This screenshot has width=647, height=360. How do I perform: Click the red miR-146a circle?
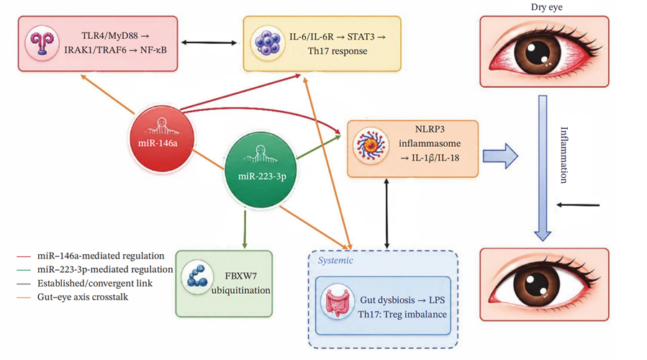[x=162, y=138]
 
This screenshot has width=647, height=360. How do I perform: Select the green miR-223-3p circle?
[x=261, y=170]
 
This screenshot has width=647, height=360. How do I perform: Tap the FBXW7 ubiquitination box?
[x=224, y=284]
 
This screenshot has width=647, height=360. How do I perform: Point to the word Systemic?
[x=335, y=260]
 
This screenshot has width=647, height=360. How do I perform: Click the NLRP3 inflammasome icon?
[x=371, y=145]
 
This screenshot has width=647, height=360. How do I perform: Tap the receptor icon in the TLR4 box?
[x=42, y=43]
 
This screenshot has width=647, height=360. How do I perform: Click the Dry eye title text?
[x=546, y=6]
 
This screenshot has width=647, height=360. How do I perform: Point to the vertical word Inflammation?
[x=564, y=155]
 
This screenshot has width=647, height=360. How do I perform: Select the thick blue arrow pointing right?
[x=500, y=156]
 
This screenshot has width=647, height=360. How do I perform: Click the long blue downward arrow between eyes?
[x=543, y=168]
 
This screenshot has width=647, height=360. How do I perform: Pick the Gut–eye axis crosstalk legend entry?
[x=72, y=297]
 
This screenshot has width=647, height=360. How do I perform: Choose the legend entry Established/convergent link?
[x=85, y=283]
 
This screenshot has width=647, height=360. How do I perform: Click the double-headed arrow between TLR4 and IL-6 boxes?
[x=209, y=42]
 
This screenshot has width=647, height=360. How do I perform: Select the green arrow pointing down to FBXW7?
[x=245, y=229]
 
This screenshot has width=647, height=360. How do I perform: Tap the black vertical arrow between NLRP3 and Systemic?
[x=386, y=213]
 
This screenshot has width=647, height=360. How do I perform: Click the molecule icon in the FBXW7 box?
[x=197, y=277]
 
